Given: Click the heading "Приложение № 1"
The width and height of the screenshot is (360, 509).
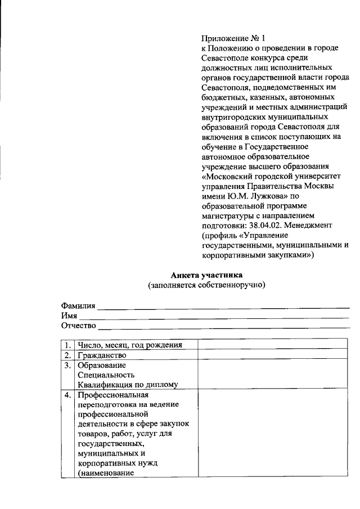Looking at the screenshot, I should tap(233, 39).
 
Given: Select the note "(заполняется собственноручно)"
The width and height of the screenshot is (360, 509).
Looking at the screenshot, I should tap(206, 285).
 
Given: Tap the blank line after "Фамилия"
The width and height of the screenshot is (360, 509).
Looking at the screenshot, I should tap(223, 307).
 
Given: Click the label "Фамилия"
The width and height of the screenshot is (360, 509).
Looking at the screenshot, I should tap(78, 305).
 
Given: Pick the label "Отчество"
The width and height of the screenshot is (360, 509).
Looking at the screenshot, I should tap(79, 326).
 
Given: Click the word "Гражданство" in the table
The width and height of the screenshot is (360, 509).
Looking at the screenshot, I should tap(102, 355).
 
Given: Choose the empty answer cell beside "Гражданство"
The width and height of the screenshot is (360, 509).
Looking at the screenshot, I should tap(273, 355).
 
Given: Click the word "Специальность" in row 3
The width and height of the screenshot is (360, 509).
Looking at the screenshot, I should tap(106, 375).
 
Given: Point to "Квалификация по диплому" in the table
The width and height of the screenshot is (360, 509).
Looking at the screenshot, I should tap(128, 385).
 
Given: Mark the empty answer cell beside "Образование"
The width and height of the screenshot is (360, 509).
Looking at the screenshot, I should tap(273, 375).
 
